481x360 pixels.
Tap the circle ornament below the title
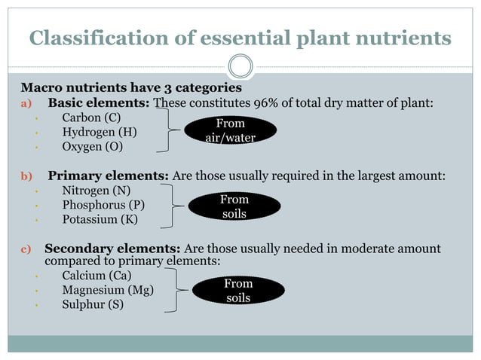click(240, 66)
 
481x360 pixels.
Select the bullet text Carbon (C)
click(91, 117)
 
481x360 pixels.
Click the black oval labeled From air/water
click(231, 130)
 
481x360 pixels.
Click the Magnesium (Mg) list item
click(107, 290)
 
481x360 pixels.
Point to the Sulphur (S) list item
click(93, 304)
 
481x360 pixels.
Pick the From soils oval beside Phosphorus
click(234, 206)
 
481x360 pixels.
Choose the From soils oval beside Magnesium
click(238, 290)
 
